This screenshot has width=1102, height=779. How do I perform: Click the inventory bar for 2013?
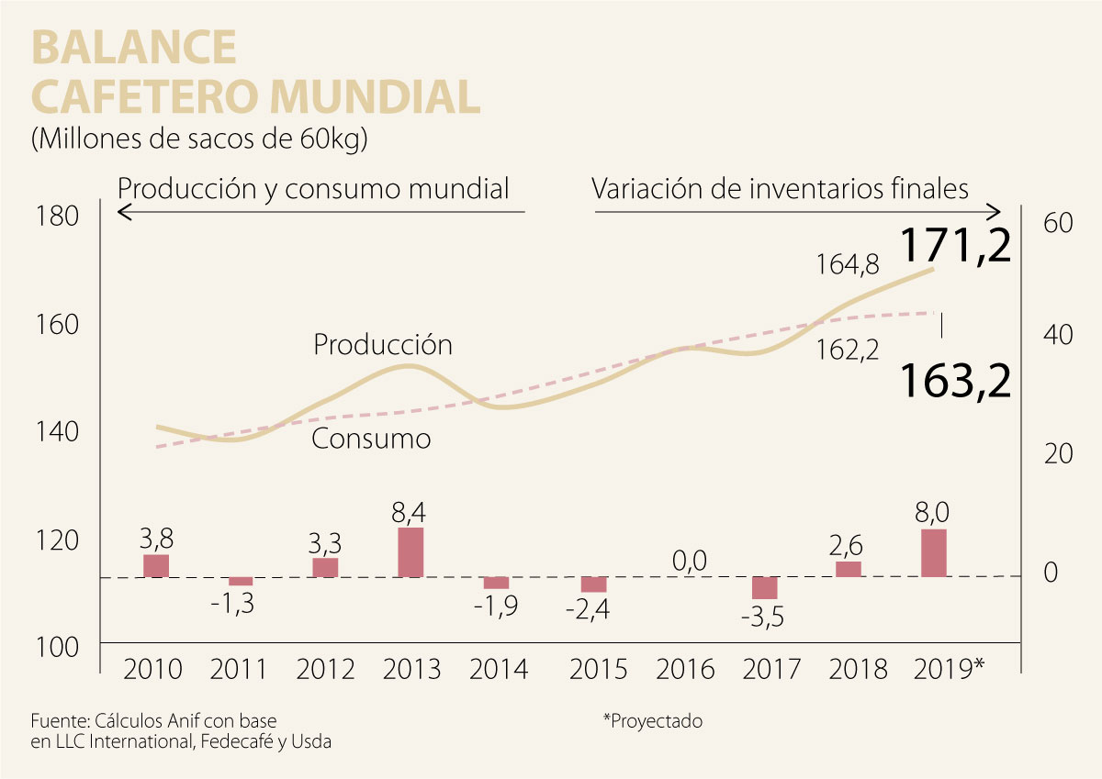click(410, 552)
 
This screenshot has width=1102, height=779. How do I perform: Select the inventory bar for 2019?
click(933, 553)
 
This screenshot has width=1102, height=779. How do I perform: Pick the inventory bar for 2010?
click(156, 566)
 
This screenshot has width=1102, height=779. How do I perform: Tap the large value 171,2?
click(955, 246)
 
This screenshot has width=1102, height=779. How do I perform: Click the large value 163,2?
click(955, 380)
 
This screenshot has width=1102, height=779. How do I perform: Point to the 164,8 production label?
click(848, 265)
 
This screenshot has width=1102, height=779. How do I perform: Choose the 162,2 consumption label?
click(848, 349)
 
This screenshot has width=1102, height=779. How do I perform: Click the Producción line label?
click(383, 345)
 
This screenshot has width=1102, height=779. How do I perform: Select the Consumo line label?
click(371, 439)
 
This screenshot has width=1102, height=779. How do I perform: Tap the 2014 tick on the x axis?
click(499, 669)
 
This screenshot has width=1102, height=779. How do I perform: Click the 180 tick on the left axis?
click(58, 217)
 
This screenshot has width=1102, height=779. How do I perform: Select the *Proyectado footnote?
click(652, 721)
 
